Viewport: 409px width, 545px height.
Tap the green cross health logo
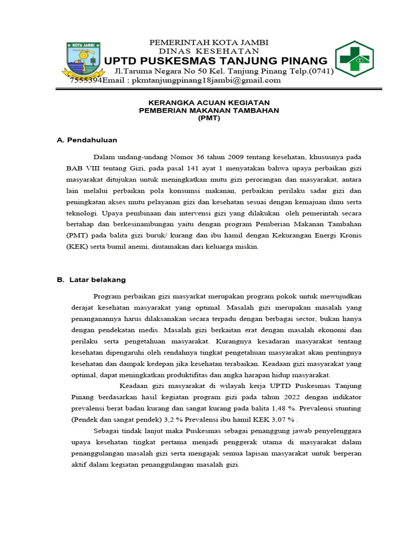pyautogui.click(x=354, y=59)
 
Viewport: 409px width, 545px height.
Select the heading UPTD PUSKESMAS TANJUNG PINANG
pyautogui.click(x=216, y=60)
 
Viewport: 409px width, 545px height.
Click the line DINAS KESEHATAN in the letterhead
pyautogui.click(x=209, y=51)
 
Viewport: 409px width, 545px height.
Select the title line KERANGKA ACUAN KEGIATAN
pyautogui.click(x=209, y=102)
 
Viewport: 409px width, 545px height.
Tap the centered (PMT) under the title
pyautogui.click(x=209, y=118)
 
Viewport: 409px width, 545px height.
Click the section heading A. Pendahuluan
pyautogui.click(x=87, y=140)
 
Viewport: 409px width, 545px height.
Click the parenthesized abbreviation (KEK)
pyautogui.click(x=77, y=247)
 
